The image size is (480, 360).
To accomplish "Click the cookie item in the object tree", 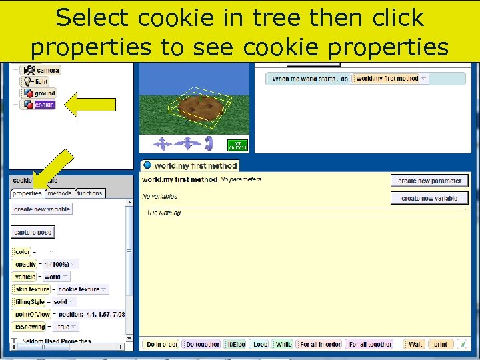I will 44,105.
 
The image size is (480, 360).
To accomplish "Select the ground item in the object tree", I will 45,93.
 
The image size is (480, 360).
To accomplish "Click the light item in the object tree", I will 41,82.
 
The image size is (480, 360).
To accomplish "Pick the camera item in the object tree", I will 47,70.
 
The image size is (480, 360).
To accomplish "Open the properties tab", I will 27,193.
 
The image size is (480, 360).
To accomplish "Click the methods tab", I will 59,193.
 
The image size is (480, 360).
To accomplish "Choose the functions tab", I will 89,193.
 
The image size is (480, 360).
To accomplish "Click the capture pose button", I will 33,232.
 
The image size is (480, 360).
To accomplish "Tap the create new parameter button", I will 429,181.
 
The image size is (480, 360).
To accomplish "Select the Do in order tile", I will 162,345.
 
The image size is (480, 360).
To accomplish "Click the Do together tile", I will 203,345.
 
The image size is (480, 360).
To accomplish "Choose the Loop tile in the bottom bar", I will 260,345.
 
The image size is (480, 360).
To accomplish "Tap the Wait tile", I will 415,345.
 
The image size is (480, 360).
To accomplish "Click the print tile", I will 441,345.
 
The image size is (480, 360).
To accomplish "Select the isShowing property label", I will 29,327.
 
